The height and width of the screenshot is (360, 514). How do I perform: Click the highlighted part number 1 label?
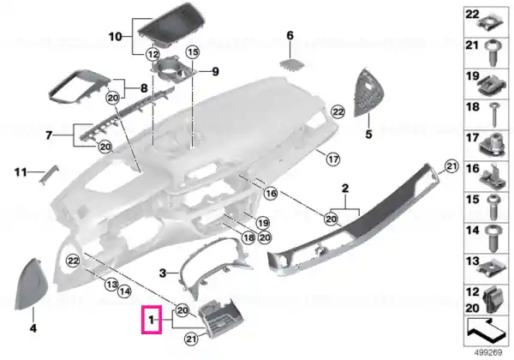151,320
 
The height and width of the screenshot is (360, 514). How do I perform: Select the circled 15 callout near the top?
193,51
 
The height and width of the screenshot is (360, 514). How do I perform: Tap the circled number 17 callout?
333,159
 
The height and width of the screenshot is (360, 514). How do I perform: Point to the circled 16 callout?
271,194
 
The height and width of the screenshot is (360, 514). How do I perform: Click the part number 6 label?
290,35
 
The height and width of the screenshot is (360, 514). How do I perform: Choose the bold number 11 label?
21,171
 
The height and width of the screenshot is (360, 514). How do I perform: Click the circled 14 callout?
124,291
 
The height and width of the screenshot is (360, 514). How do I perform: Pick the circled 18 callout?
248,237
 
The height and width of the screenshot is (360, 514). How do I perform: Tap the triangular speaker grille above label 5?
367,93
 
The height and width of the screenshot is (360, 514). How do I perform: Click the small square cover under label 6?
290,64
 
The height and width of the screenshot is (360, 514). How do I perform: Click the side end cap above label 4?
32,284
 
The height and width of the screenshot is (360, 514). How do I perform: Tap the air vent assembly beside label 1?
221,318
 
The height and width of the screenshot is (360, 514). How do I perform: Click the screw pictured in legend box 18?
494,115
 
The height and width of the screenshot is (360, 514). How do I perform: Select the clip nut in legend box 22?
490,24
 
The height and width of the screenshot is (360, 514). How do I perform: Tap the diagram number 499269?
488,352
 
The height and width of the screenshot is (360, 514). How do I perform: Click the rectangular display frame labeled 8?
80,86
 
